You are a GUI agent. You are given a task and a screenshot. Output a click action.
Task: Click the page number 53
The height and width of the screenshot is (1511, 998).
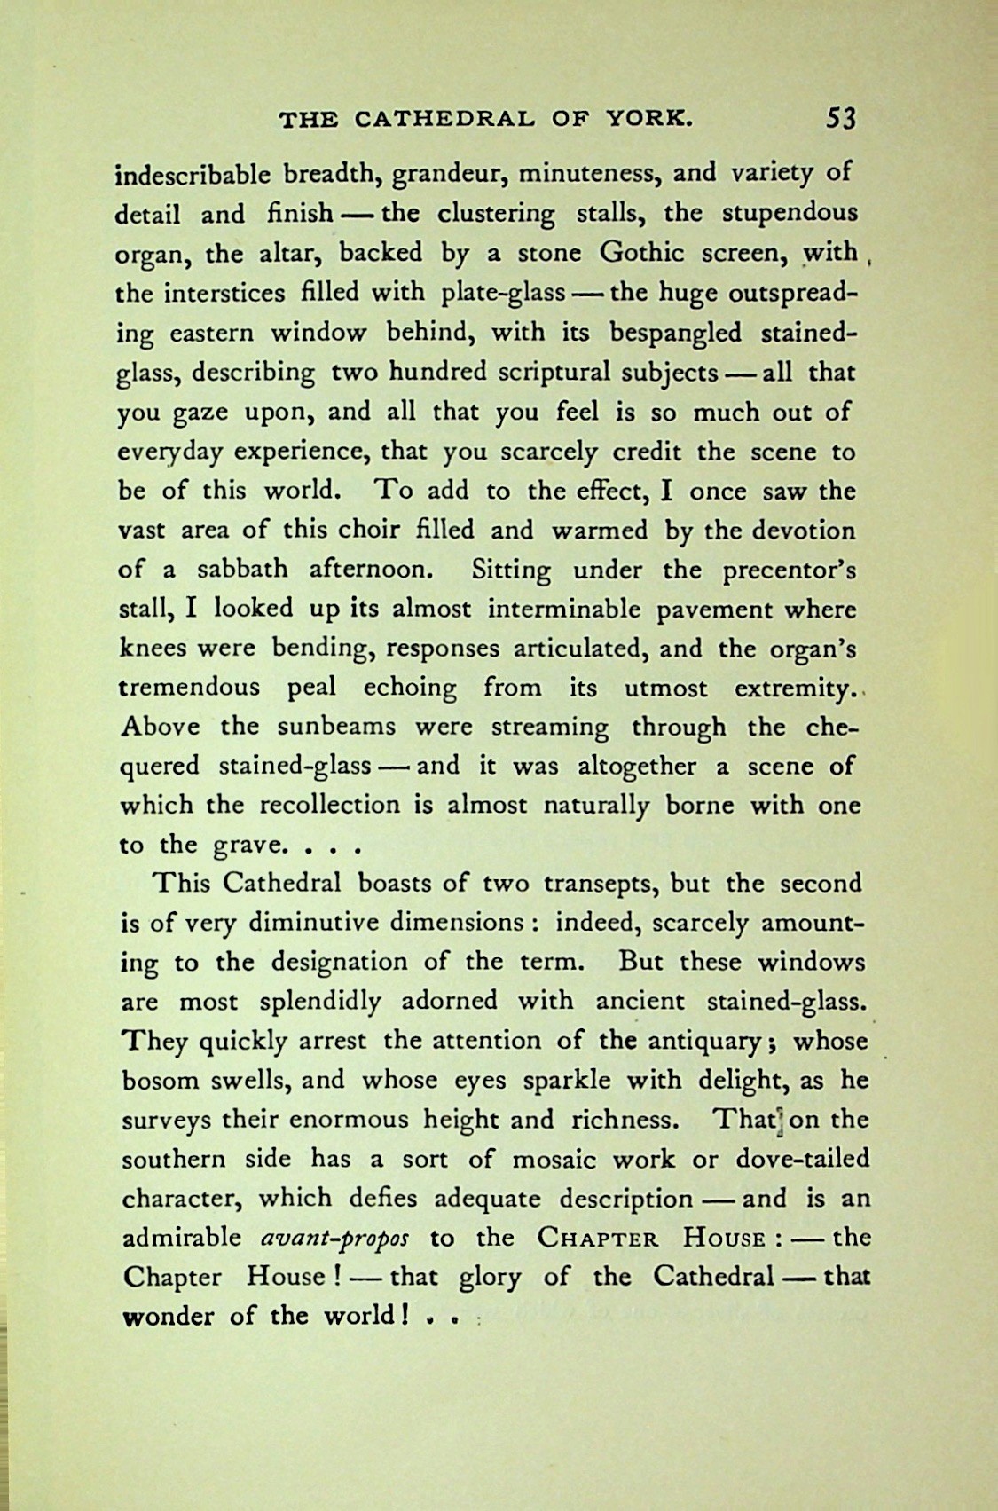coord(839,118)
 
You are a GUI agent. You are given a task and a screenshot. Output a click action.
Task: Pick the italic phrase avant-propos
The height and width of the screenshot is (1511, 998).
coord(335,1238)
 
